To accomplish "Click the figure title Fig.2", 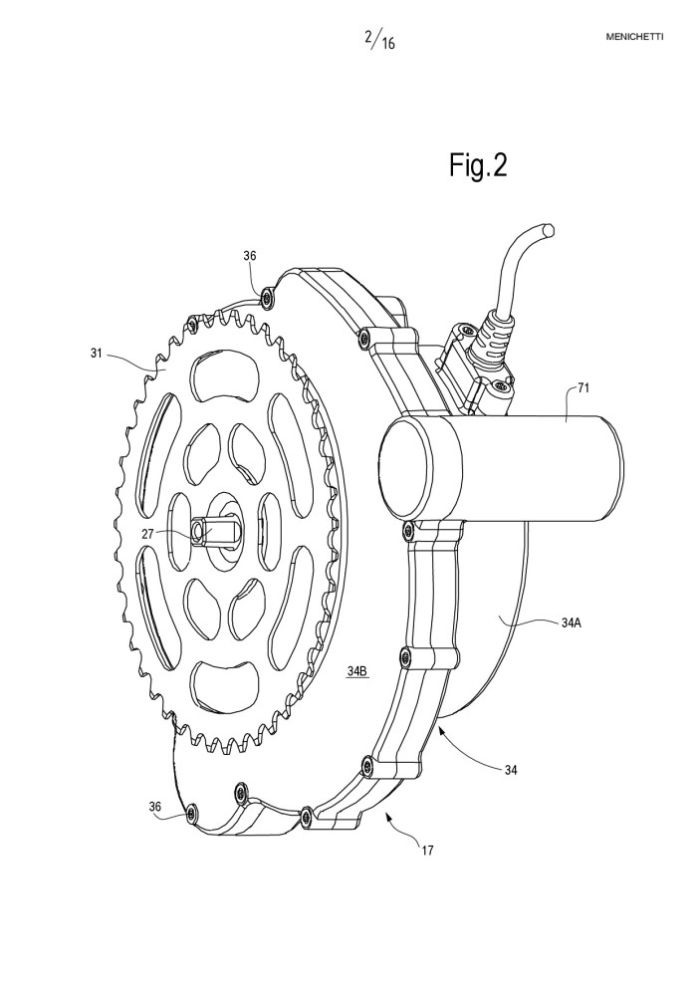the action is pos(478,165).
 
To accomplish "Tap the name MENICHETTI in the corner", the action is pos(634,37).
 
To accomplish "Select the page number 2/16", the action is pos(379,39).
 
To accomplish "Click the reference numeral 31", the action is pos(97,354).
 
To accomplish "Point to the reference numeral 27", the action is pos(147,534).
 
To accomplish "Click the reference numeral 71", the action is pos(583,388).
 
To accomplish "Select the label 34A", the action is pos(572,623).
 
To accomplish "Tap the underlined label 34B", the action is pos(357,671).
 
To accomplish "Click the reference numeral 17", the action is pos(427,851).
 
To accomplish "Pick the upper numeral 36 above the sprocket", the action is pos(250,256).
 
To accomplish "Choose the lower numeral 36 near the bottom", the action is pos(155,807).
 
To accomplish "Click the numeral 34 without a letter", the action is pos(511,770).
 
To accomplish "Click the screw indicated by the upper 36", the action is pos(269,296).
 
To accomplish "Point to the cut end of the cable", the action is pos(550,229).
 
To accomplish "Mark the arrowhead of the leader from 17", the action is pos(387,816).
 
